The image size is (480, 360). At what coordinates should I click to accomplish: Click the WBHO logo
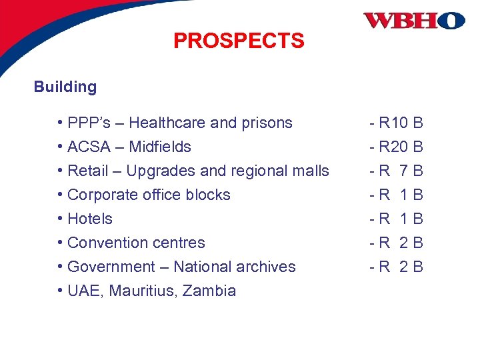coord(413,21)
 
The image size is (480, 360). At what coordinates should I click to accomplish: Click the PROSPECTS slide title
coord(239,41)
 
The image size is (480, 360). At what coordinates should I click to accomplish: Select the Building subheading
coord(65,87)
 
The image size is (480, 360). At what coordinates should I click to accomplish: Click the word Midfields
coord(160,147)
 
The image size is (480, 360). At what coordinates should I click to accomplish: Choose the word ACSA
coord(89,147)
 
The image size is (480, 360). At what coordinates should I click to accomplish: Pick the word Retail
coord(88,171)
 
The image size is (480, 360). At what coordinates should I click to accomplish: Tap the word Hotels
coord(90,219)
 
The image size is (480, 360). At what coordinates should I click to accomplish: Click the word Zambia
coord(209,291)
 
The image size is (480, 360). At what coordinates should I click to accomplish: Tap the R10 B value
coord(397,123)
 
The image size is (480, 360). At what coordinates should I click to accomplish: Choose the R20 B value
coord(397,147)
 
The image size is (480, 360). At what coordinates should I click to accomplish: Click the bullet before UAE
coord(60,291)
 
